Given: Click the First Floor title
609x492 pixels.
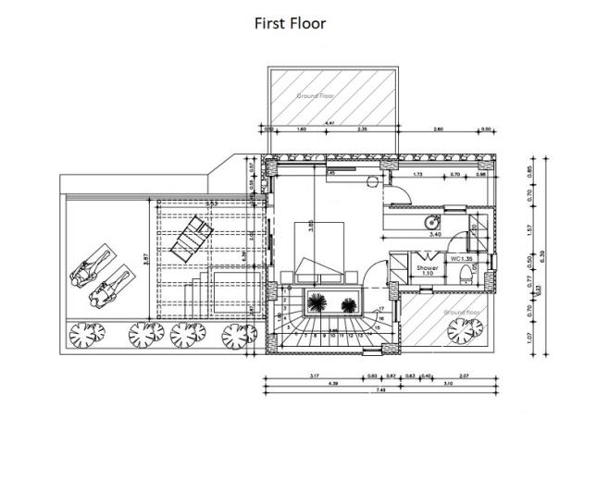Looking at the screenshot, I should pos(290,23).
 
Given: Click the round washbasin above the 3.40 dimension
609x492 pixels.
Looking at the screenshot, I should pos(431,223).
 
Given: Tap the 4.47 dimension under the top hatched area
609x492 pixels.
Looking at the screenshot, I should pos(329,122).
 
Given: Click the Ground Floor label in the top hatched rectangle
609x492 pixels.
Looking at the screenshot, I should pos(315,95).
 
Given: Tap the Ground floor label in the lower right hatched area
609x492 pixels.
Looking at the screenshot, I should pos(460,313).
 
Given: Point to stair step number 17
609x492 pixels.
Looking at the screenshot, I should pos(381,309).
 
